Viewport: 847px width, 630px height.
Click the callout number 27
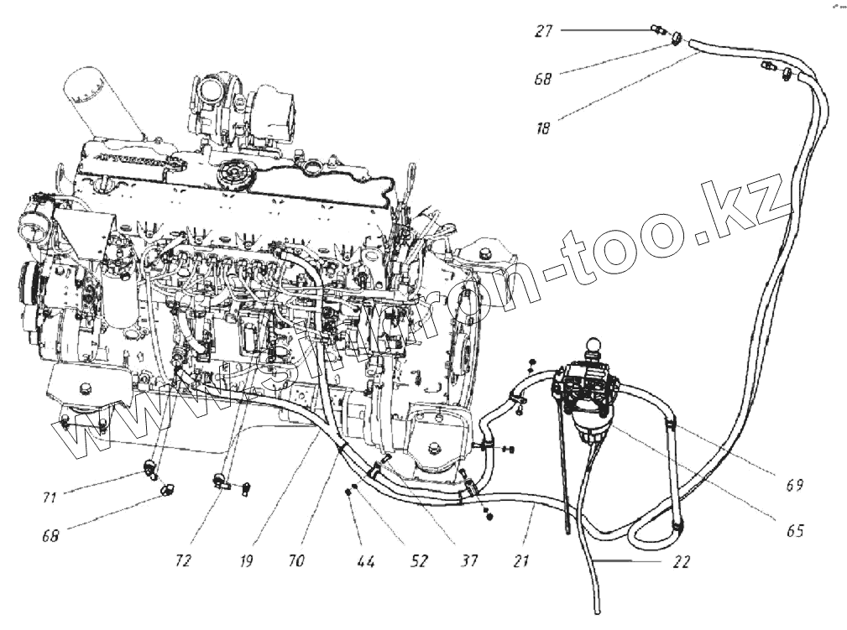(544, 31)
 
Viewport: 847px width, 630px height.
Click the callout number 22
(681, 563)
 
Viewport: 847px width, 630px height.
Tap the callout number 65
(795, 531)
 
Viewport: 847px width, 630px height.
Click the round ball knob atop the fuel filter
(596, 344)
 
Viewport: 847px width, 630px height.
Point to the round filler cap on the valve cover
(229, 177)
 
